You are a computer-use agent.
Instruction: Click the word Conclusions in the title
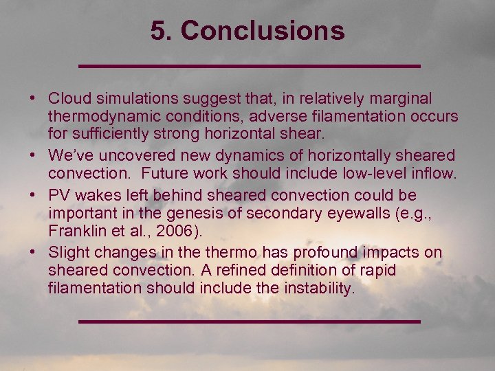point(263,31)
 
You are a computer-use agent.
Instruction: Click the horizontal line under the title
point(250,66)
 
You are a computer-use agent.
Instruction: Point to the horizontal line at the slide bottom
point(250,321)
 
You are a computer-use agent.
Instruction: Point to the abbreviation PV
point(59,196)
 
